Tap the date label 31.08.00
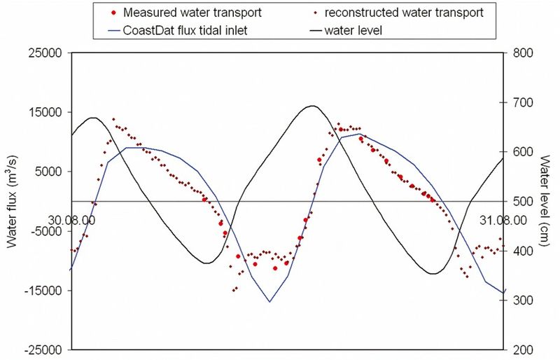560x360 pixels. pyautogui.click(x=502, y=219)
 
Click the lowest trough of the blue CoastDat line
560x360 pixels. pyautogui.click(x=269, y=302)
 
